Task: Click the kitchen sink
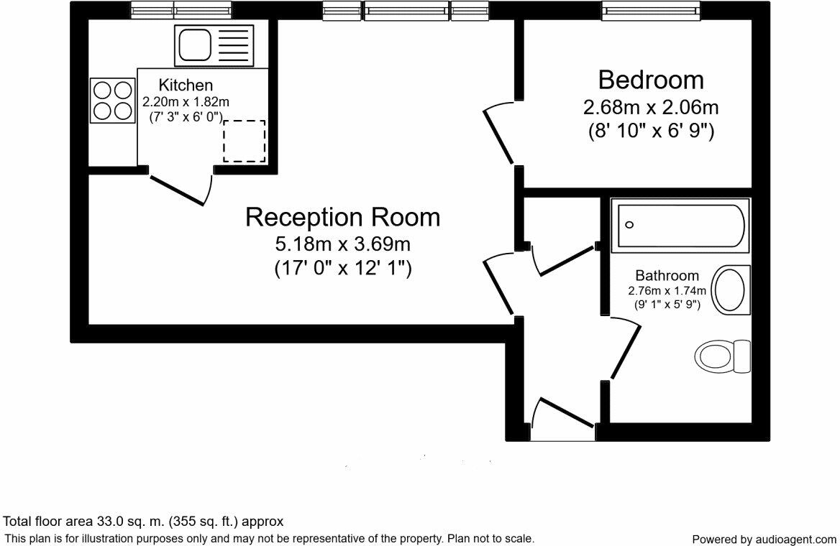point(214,46)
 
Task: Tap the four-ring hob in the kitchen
point(113,101)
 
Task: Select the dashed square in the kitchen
point(244,141)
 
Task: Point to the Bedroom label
point(651,79)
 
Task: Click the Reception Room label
point(342,216)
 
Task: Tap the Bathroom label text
point(667,275)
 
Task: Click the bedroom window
point(651,10)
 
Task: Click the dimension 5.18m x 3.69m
point(342,244)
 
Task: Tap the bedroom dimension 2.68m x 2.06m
point(651,108)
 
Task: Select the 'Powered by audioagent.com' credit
point(764,539)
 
